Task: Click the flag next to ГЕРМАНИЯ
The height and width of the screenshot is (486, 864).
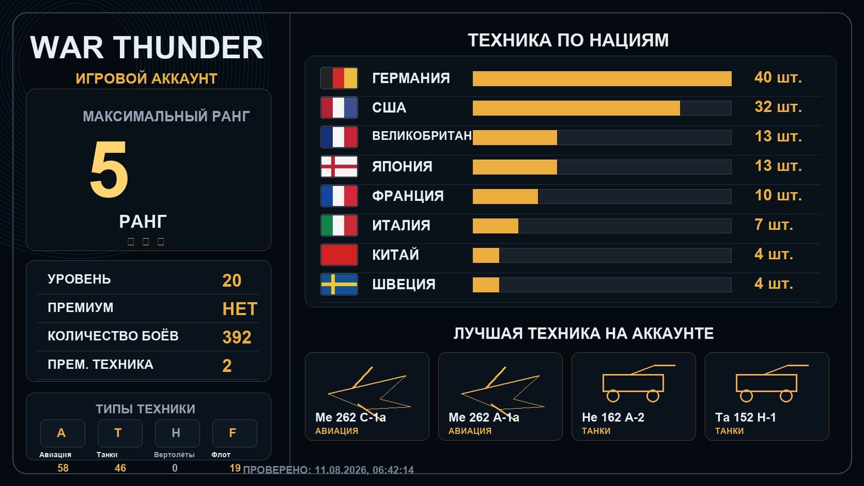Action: [339, 78]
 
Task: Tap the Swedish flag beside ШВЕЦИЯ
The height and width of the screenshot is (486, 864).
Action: [339, 284]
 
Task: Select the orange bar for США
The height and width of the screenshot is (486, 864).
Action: [576, 108]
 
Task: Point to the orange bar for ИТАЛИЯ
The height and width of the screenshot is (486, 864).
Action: [496, 226]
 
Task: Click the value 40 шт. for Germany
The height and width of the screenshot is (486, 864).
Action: [778, 78]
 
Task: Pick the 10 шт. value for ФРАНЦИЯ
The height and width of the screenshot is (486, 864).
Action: [778, 195]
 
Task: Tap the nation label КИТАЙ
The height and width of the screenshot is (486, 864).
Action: [395, 255]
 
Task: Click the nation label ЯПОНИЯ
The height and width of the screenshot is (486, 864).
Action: [402, 167]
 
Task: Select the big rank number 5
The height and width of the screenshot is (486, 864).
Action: [109, 169]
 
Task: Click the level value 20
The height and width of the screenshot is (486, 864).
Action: [232, 280]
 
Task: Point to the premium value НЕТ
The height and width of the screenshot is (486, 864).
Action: [240, 309]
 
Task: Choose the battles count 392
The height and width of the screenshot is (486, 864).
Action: [237, 337]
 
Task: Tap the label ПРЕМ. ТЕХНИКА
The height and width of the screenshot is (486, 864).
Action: [100, 364]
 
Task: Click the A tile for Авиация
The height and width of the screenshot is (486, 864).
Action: [63, 433]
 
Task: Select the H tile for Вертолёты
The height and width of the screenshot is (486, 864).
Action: [177, 433]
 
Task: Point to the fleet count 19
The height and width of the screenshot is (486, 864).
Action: [235, 468]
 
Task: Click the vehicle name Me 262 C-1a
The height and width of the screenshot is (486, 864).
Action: [350, 417]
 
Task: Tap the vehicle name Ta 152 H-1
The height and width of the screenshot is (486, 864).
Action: [745, 417]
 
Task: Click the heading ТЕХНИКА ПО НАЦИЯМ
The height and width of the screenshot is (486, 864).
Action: [568, 40]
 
